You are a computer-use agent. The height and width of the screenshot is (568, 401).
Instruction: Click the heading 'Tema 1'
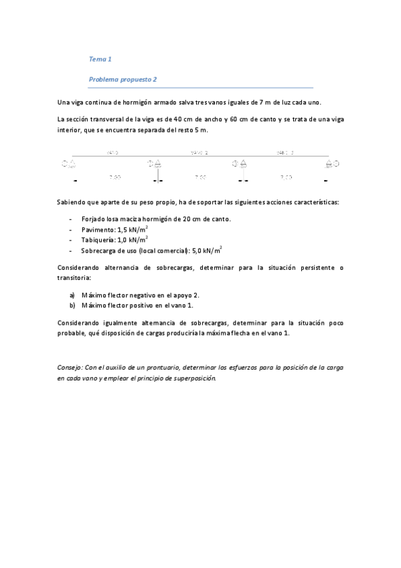(100, 58)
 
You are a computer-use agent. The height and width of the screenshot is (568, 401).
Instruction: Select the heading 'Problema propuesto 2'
(123, 78)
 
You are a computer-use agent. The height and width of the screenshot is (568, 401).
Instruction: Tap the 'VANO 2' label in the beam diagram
(199, 153)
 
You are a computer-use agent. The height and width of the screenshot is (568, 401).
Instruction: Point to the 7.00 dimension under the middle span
(200, 177)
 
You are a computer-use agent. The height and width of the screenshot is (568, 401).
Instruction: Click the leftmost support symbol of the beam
(69, 163)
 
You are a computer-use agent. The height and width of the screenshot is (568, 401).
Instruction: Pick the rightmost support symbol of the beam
(333, 163)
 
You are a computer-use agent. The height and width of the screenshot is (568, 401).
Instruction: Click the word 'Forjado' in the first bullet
(93, 218)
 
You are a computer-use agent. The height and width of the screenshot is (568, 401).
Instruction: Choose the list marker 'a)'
(72, 295)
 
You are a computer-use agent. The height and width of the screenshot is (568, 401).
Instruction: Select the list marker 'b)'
(72, 305)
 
